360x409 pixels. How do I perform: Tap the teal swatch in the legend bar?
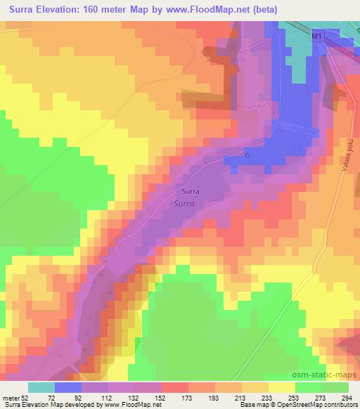41,387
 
